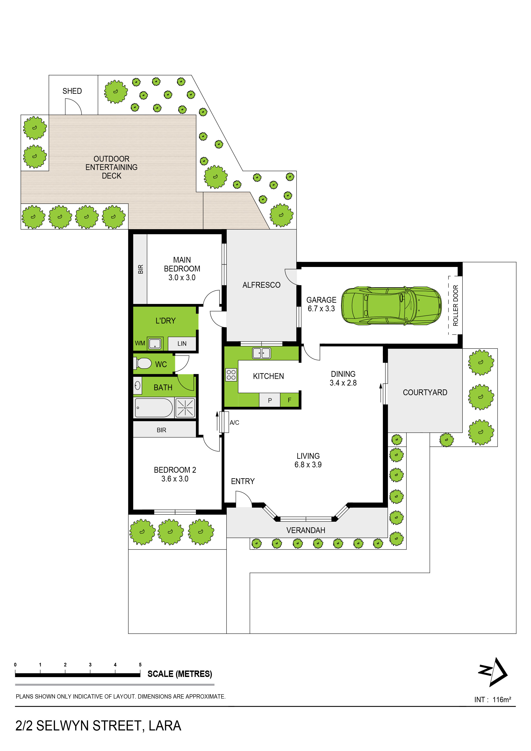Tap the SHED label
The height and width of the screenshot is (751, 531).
point(72,91)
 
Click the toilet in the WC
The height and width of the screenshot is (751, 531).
point(142,363)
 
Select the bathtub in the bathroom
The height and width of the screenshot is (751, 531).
point(154,408)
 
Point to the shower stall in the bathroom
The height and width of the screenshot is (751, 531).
point(185,408)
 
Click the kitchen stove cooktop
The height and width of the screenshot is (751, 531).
point(231,375)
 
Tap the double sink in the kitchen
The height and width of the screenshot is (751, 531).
point(261,353)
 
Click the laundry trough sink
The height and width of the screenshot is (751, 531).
point(155,343)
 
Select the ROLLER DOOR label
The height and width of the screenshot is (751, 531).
point(455,305)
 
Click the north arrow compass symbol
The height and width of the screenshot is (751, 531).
point(493,672)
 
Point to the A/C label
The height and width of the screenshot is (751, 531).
point(234,423)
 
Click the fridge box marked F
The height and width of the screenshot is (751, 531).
point(289,400)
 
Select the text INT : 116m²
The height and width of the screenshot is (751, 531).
point(493,700)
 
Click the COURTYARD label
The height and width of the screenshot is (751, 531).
point(425,392)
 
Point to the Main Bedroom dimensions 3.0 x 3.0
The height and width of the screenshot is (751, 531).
point(182,278)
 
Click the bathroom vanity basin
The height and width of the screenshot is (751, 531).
point(137,386)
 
